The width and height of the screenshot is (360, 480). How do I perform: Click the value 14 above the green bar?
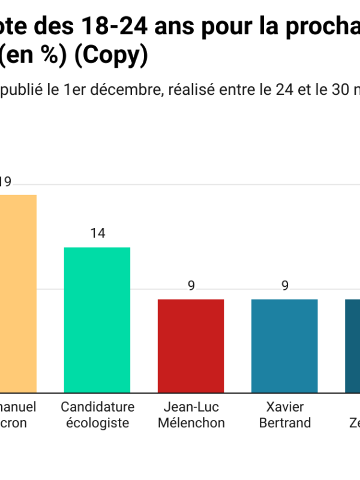(97, 233)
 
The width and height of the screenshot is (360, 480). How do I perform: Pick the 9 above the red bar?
(191, 286)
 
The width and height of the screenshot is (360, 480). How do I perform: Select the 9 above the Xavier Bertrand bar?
(284, 286)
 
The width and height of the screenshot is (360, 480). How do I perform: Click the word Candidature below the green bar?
(97, 407)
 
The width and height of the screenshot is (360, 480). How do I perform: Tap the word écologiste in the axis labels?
(97, 423)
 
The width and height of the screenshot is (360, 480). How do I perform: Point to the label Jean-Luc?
(191, 407)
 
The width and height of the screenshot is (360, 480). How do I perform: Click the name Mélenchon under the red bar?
(191, 423)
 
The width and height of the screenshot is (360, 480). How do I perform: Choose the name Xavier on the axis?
(284, 407)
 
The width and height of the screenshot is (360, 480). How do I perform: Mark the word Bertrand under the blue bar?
(284, 423)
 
